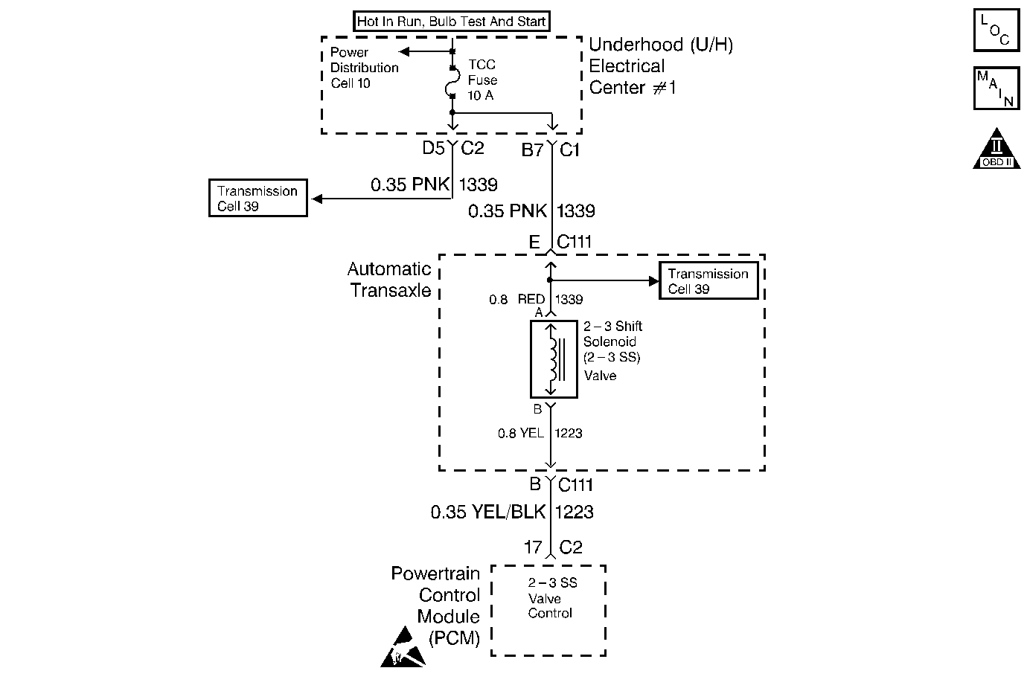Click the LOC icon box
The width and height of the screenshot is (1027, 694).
point(996,30)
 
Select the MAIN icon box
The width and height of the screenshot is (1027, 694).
point(996,88)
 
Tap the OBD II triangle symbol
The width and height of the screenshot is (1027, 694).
point(996,149)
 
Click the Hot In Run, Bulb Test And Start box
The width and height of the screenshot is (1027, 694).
point(452,21)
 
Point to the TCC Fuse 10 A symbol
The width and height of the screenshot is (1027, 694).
point(452,83)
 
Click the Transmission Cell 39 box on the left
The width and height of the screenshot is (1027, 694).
point(258,198)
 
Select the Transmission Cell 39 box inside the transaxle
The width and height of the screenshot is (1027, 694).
point(708,280)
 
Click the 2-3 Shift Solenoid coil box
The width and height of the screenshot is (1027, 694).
point(554,359)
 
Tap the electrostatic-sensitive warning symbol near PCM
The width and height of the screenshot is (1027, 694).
point(403,647)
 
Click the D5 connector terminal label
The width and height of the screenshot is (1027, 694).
point(433,148)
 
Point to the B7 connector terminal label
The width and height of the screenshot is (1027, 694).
point(532,150)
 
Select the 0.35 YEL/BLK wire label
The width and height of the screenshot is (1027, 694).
point(488,512)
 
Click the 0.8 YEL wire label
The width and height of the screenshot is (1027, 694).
point(520,433)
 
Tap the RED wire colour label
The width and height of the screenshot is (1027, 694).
point(531,299)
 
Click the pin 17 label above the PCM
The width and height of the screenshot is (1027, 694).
point(533,547)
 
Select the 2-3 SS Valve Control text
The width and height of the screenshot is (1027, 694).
point(552,598)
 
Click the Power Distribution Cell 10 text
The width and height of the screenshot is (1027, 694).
point(364,68)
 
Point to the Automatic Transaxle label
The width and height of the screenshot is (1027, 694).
point(389,280)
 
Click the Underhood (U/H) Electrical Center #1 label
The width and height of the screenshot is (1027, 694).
point(661,66)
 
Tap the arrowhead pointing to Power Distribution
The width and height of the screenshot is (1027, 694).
point(404,51)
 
